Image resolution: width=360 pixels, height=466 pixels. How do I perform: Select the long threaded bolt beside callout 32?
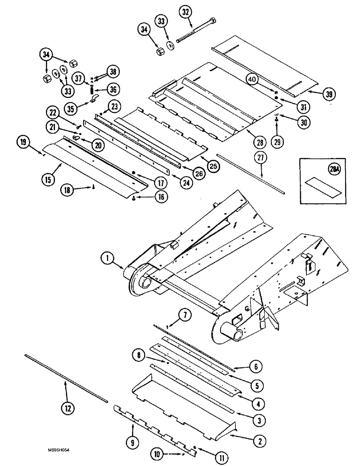pyautogui.click(x=196, y=29)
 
